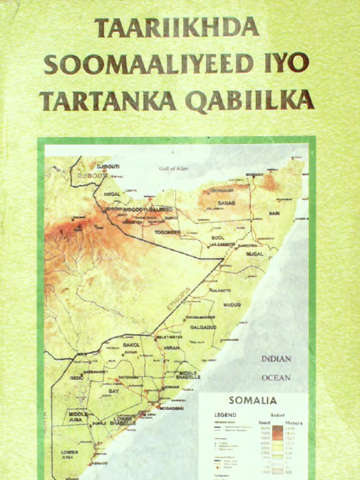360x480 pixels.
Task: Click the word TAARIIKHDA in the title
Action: pyautogui.click(x=177, y=28)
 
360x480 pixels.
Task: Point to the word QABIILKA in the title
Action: pyautogui.click(x=249, y=100)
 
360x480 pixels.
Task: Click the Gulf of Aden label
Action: pyautogui.click(x=173, y=169)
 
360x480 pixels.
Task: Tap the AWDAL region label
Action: pyautogui.click(x=112, y=194)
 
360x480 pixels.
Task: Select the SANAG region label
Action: pyautogui.click(x=226, y=203)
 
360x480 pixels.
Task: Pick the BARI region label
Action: pyautogui.click(x=274, y=213)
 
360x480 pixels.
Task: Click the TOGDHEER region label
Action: pyautogui.click(x=168, y=232)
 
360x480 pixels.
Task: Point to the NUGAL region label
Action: pyautogui.click(x=255, y=254)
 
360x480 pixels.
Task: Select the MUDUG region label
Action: pyautogui.click(x=232, y=305)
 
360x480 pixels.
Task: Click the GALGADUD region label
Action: pyautogui.click(x=203, y=327)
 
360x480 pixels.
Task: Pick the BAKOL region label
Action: pyautogui.click(x=131, y=345)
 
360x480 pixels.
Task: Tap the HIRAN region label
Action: pyautogui.click(x=172, y=348)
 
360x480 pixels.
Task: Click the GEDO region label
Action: pyautogui.click(x=76, y=377)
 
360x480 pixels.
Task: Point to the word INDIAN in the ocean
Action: pyautogui.click(x=276, y=359)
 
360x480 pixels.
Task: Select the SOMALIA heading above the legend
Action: pyautogui.click(x=253, y=401)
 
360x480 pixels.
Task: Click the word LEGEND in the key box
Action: pyautogui.click(x=225, y=415)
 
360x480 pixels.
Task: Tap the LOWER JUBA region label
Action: pyautogui.click(x=69, y=454)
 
